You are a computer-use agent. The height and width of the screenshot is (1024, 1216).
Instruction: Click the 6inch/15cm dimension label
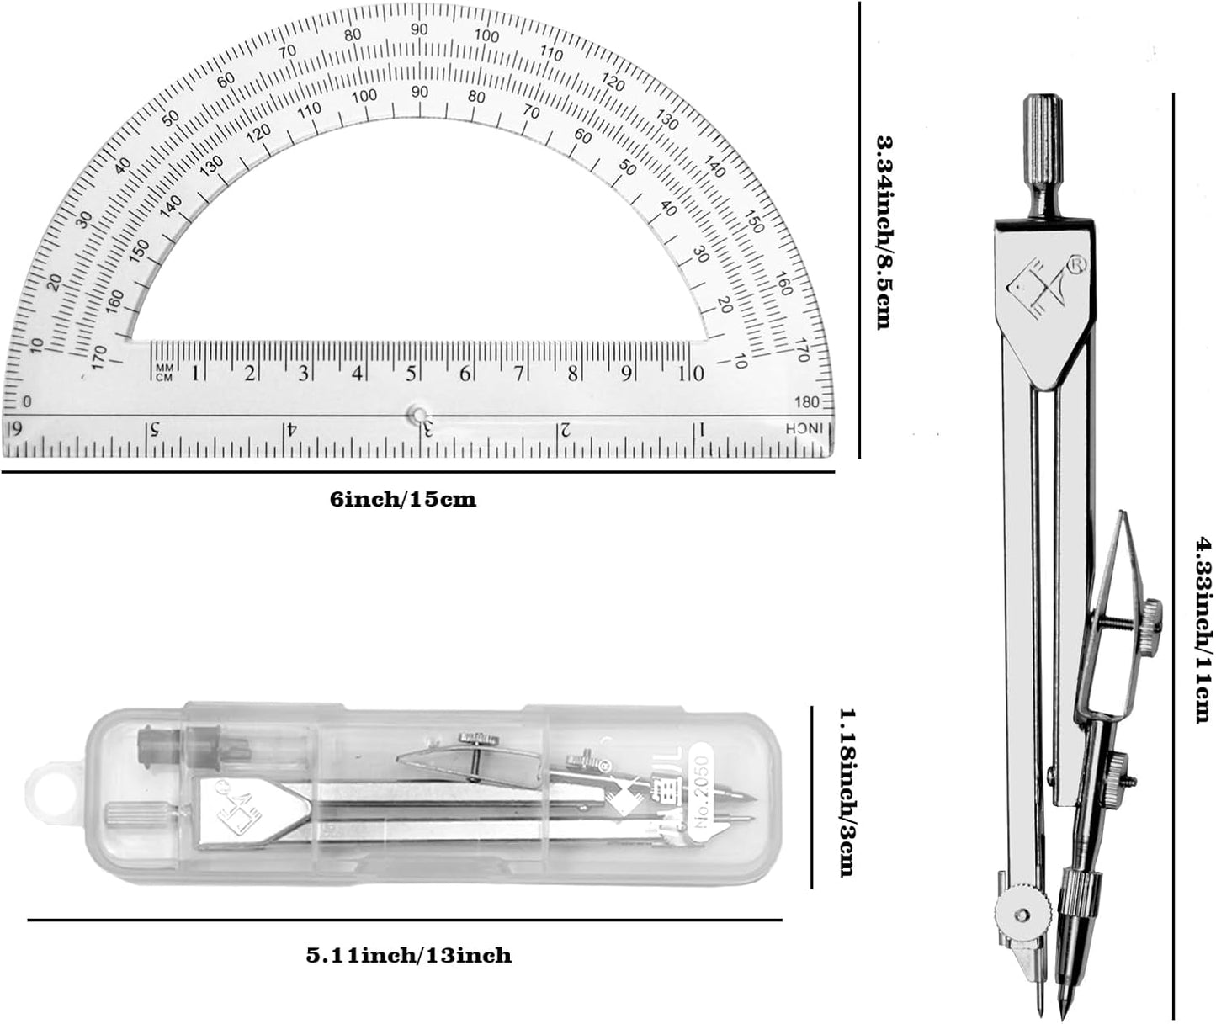coord(403,500)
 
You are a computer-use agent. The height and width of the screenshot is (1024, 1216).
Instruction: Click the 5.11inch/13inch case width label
coord(408,956)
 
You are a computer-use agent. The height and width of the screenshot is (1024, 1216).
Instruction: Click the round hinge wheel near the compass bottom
coord(1022,914)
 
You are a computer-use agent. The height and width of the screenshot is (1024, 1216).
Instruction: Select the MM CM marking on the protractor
coord(162,373)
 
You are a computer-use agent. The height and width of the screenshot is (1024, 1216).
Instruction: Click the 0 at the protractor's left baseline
coord(27,401)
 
